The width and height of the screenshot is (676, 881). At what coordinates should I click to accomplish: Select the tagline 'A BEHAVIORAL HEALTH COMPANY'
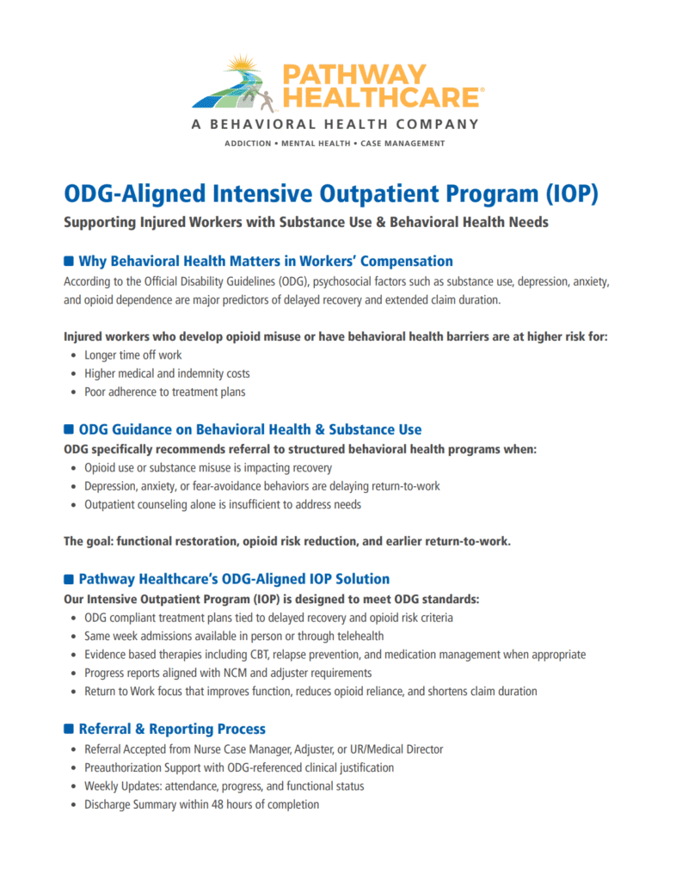click(x=335, y=124)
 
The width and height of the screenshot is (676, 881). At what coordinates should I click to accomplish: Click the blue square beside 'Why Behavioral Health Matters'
click(x=70, y=261)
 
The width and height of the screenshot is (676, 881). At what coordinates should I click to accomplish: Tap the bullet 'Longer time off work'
click(x=132, y=354)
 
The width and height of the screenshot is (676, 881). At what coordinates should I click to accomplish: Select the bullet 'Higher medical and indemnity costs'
click(x=167, y=373)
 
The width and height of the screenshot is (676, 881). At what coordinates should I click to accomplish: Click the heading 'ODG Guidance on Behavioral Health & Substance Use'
click(x=249, y=428)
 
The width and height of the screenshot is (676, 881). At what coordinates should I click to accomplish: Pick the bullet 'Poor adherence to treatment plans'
click(x=164, y=392)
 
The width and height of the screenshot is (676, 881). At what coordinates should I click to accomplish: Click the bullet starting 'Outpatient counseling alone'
click(x=222, y=504)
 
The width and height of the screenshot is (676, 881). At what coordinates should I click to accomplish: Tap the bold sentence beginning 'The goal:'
click(x=287, y=541)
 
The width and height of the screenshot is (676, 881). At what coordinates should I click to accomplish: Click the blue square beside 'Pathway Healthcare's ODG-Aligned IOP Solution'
click(x=70, y=579)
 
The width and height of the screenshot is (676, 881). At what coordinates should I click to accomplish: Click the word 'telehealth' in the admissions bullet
click(x=358, y=636)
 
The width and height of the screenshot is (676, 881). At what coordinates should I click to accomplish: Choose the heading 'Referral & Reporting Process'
click(x=172, y=729)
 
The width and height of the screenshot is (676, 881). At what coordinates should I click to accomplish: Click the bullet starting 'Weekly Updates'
click(x=224, y=786)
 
